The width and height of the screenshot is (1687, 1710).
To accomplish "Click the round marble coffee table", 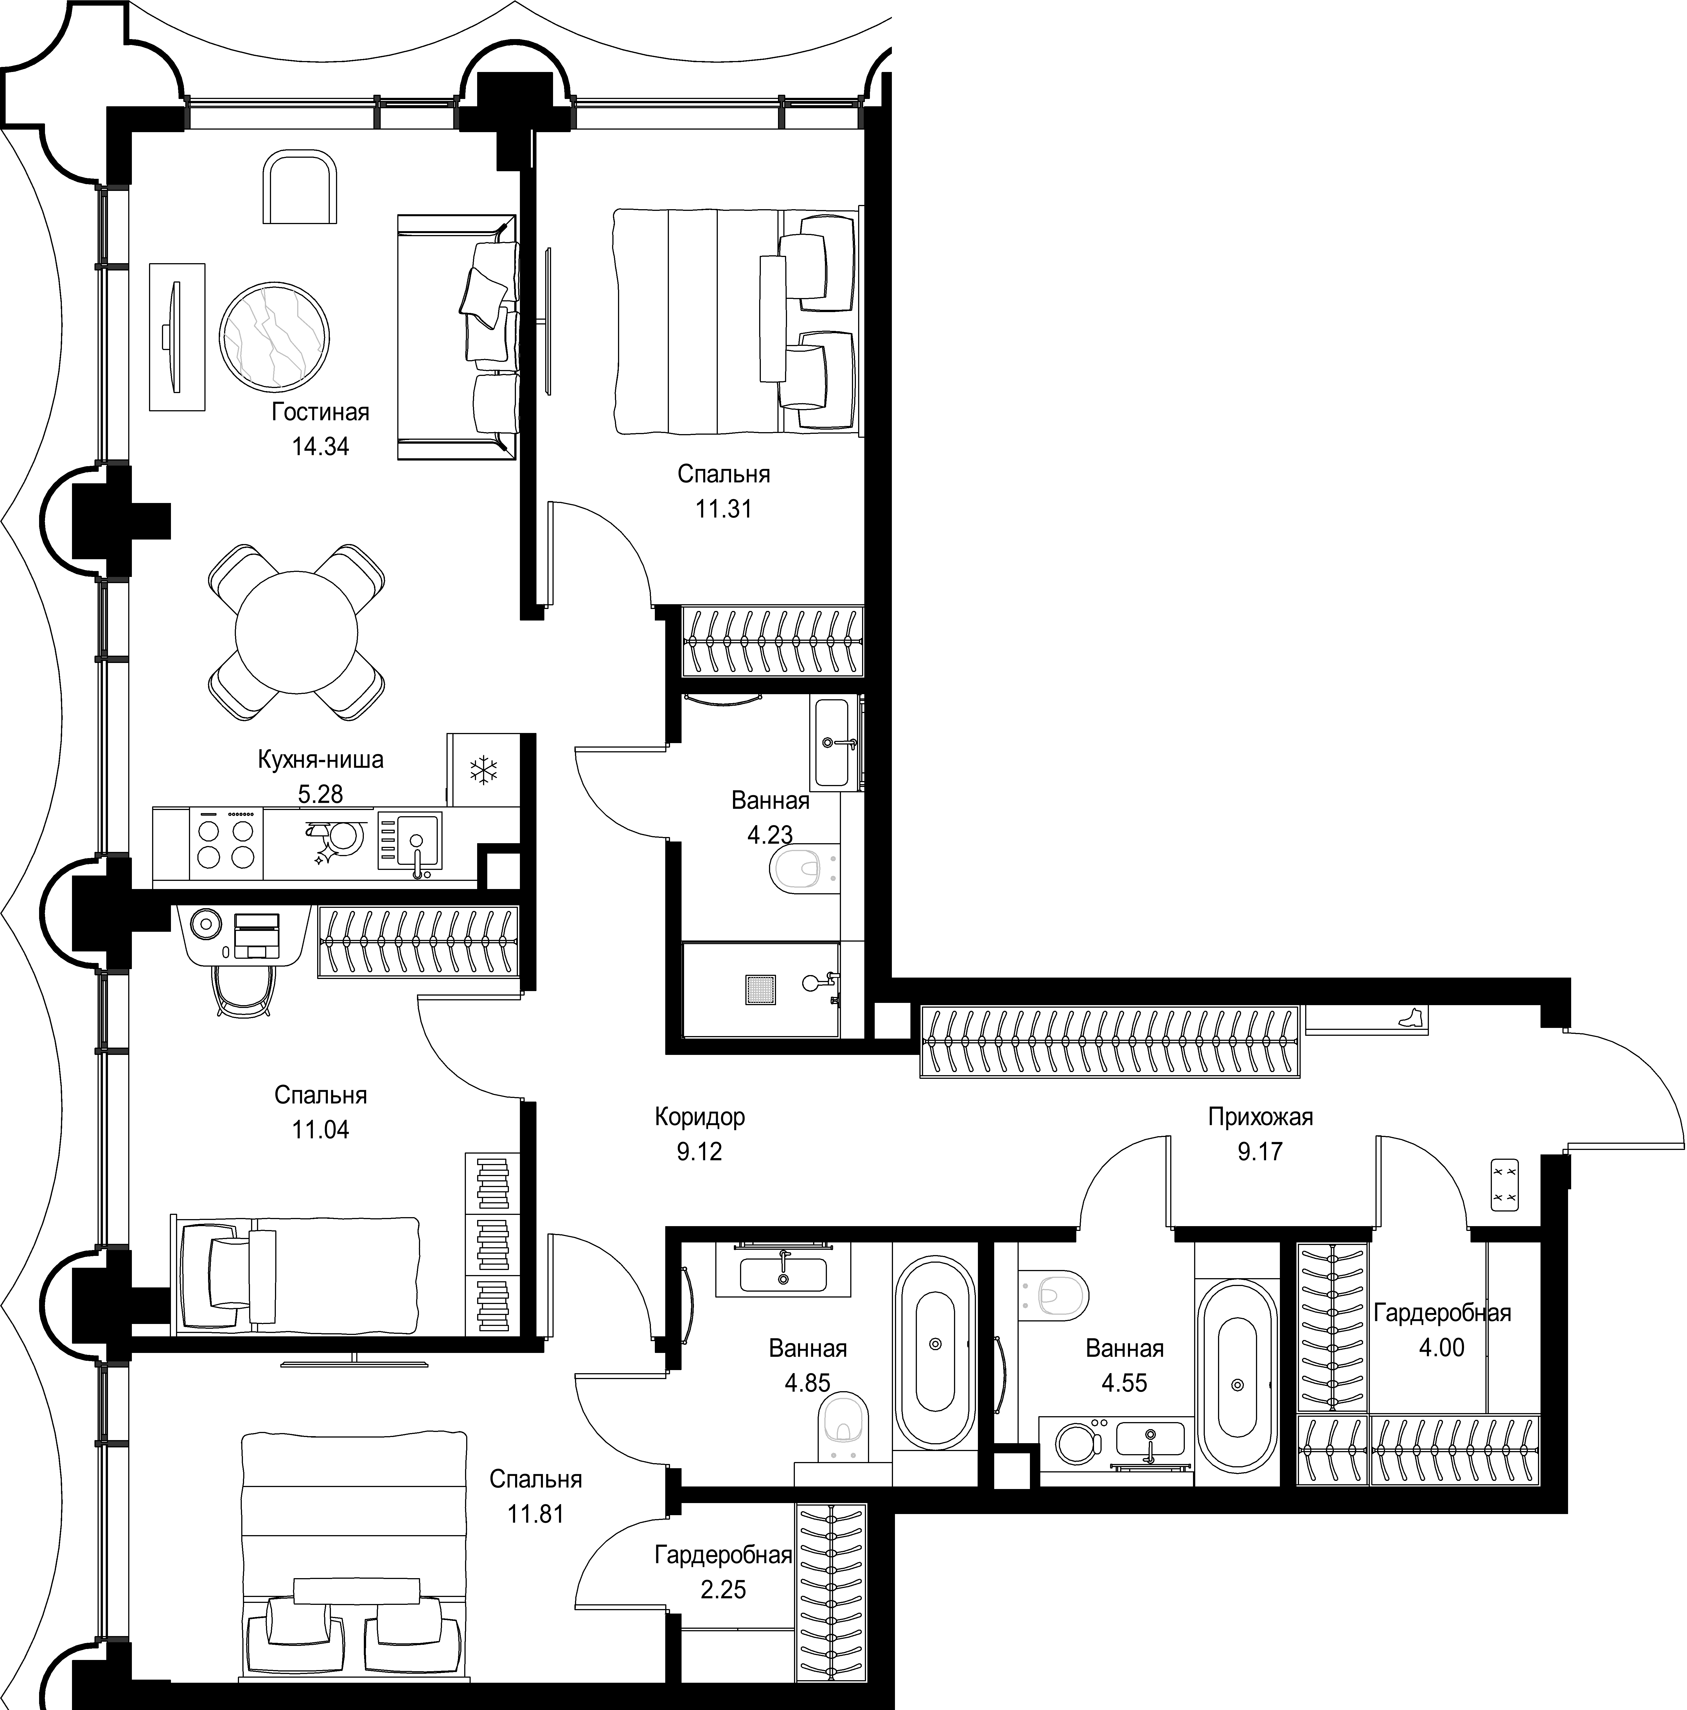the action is pyautogui.click(x=274, y=336).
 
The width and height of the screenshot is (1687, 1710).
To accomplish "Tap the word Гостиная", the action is pyautogui.click(x=321, y=412).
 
